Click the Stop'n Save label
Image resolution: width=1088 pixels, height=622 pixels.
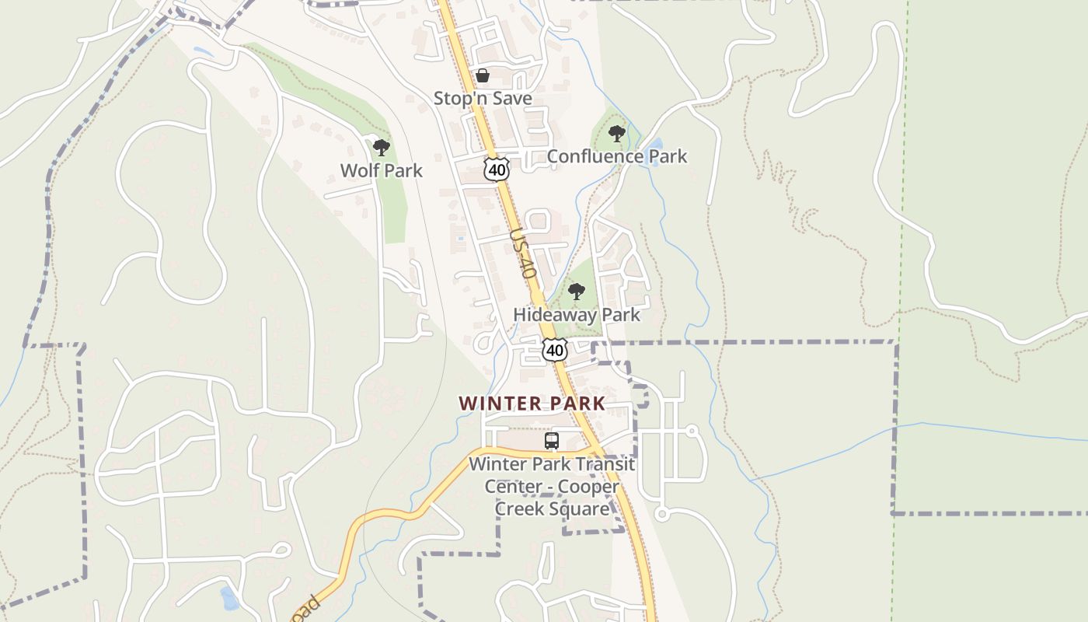point(483,99)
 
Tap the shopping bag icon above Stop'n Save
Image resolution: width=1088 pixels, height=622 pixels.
point(482,75)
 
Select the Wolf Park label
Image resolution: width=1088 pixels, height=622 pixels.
point(382,170)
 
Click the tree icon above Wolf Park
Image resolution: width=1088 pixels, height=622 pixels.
point(381,147)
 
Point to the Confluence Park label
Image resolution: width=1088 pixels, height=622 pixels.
point(617,156)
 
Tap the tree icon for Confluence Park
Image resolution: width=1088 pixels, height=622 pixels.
point(617,134)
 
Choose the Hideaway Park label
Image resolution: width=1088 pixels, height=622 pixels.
point(577,315)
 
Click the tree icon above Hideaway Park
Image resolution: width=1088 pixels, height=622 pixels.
point(576,292)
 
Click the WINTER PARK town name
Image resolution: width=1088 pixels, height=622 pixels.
point(532,404)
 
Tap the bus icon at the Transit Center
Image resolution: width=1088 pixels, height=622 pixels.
point(552,441)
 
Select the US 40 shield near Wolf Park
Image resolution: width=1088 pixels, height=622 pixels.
point(496,169)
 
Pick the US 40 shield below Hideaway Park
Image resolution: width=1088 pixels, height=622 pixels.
point(554,350)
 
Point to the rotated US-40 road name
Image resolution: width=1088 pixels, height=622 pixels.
point(523,253)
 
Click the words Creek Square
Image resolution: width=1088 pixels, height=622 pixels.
point(552,509)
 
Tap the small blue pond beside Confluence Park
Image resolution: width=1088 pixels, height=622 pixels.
point(655,145)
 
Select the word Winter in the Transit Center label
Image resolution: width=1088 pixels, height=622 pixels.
point(497,465)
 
